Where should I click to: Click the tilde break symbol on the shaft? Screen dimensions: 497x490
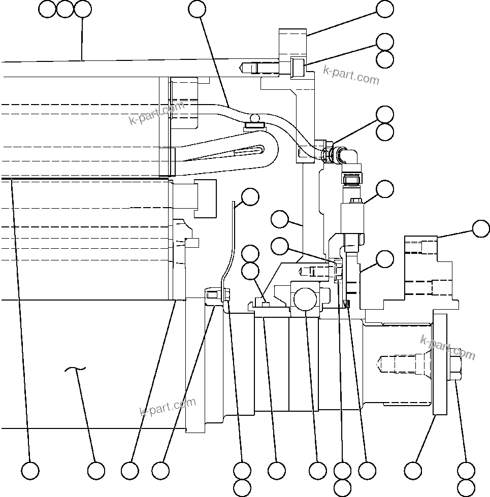click(75, 371)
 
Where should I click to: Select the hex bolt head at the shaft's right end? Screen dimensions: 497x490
click(454, 368)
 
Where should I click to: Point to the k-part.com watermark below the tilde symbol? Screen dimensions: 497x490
click(167, 406)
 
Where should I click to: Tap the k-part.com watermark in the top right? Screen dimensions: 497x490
click(351, 76)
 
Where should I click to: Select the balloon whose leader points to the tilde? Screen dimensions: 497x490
click(96, 471)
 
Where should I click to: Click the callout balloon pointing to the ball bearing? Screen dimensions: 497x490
click(318, 471)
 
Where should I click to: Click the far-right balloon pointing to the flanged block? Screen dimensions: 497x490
click(480, 228)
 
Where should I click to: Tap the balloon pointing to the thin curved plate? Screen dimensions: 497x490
click(250, 197)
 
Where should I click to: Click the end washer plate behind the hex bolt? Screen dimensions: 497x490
click(440, 364)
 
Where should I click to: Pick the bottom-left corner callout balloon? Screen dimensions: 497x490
click(30, 471)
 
